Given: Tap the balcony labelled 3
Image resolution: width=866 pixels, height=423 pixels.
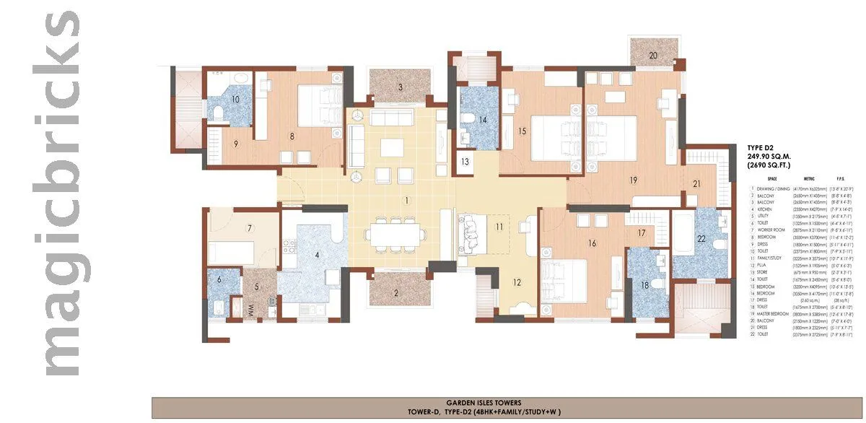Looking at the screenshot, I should click(399, 87).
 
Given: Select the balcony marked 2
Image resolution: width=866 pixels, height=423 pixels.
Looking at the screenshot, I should click(395, 293).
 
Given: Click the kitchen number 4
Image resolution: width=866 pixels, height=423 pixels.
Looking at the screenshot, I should click(315, 254).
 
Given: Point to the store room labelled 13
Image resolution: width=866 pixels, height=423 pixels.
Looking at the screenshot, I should click(466, 162).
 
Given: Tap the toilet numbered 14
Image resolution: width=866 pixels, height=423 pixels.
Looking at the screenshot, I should click(483, 120).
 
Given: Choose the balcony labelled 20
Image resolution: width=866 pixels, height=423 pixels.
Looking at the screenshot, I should click(653, 56).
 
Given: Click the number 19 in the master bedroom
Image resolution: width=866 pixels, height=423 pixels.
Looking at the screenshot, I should click(633, 180).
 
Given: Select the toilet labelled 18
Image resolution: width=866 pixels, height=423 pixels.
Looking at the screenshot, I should click(644, 286).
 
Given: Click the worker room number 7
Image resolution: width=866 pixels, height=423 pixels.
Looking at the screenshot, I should click(249, 229).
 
